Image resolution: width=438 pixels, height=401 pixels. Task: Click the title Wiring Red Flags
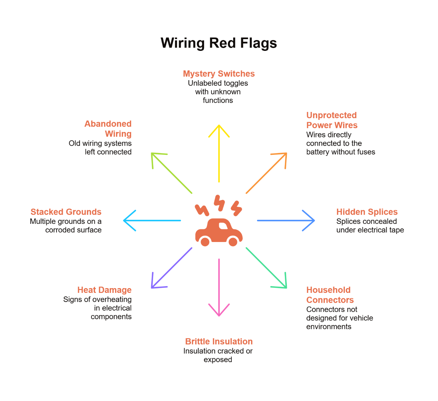click(219, 43)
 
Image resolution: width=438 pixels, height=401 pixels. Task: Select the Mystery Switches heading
click(219, 74)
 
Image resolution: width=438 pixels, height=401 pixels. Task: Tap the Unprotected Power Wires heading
click(332, 120)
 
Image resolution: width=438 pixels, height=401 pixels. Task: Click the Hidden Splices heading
click(367, 212)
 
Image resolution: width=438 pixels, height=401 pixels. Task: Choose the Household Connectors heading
click(330, 295)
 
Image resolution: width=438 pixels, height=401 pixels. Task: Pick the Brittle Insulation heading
click(219, 342)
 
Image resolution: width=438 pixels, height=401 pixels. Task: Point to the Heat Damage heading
click(104, 290)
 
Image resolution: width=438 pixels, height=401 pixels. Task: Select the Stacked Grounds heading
click(66, 212)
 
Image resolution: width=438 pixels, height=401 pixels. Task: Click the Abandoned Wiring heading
click(108, 129)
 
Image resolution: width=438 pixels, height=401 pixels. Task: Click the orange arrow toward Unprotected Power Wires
click(266, 173)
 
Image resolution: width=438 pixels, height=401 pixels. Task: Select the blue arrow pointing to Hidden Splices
click(286, 220)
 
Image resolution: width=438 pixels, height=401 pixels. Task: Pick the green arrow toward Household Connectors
click(266, 268)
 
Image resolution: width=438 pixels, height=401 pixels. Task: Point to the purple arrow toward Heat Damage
click(172, 268)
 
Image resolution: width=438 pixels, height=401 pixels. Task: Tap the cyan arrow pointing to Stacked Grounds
click(152, 220)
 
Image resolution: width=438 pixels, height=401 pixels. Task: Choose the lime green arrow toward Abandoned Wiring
click(172, 173)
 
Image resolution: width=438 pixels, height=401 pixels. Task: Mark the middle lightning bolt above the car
click(219, 203)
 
